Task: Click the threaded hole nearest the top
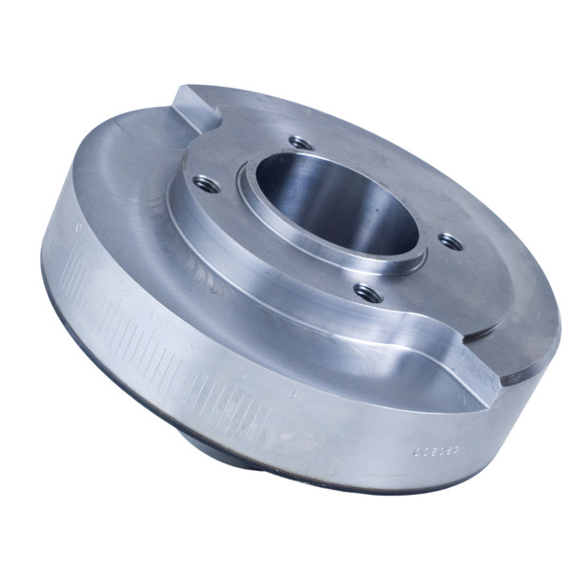click(301, 143)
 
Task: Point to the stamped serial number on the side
click(436, 445)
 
